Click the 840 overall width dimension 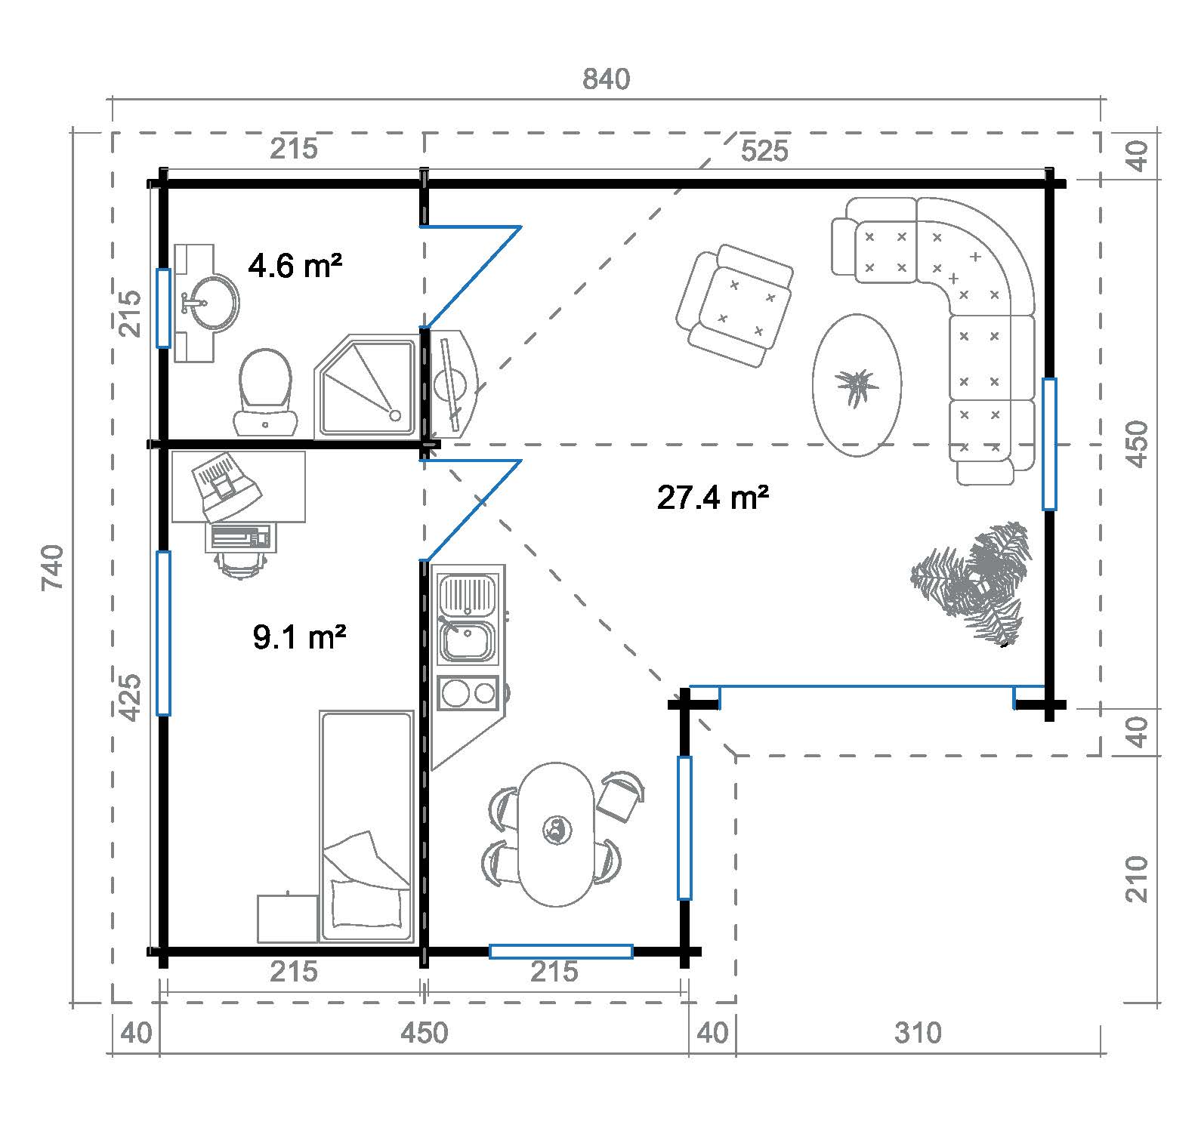click(x=607, y=79)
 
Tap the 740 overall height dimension click(x=54, y=567)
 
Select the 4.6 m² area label click(x=295, y=266)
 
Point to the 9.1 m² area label click(x=300, y=638)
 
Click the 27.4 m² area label click(x=713, y=498)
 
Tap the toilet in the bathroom click(x=265, y=391)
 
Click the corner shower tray click(x=366, y=387)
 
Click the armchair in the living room click(x=734, y=305)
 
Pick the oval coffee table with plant click(x=857, y=385)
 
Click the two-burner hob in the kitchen click(x=468, y=693)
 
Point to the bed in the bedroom click(x=367, y=826)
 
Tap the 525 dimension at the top click(x=764, y=151)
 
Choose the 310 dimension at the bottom click(x=918, y=1032)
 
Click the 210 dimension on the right click(x=1138, y=878)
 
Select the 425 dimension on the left click(x=130, y=697)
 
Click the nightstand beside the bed click(x=288, y=919)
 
